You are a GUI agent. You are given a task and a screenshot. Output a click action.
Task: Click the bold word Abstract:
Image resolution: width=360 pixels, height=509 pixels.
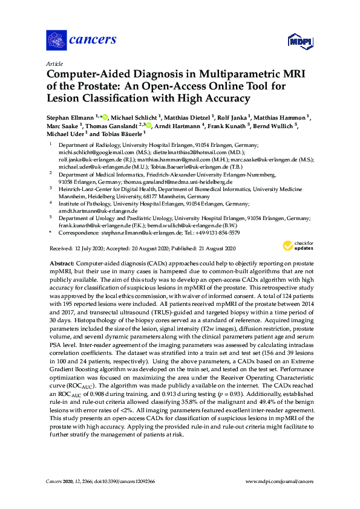(x=61, y=264)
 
